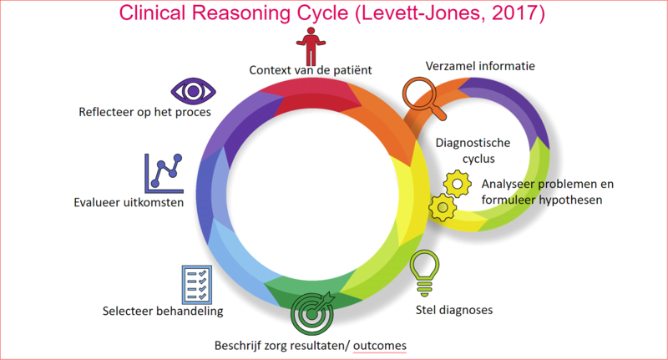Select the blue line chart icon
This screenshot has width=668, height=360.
click(163, 173)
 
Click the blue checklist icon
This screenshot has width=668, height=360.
click(195, 285)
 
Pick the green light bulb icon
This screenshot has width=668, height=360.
click(424, 272)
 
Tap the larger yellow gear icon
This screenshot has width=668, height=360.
click(458, 181)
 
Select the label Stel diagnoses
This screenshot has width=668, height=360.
click(454, 310)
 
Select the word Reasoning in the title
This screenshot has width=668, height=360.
click(249, 14)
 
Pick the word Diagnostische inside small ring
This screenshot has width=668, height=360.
click(473, 142)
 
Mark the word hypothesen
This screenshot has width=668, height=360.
click(566, 200)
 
